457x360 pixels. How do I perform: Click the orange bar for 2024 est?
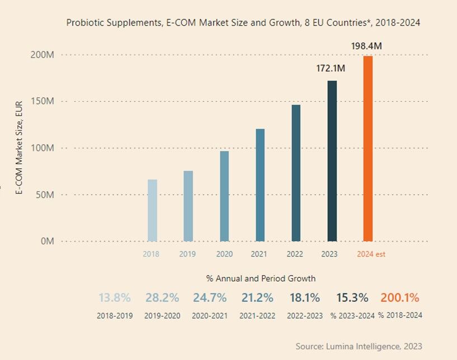tap(368, 149)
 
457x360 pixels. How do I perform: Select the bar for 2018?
tap(152, 210)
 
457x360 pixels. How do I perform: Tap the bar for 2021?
tap(260, 185)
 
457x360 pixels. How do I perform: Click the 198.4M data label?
tap(367, 46)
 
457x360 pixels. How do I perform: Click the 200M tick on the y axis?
tap(42, 55)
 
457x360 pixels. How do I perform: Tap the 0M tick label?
tap(46, 241)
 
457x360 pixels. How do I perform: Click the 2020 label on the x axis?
tap(224, 254)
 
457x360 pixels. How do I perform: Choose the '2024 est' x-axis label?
tap(371, 254)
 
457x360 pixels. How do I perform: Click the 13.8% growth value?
tap(115, 298)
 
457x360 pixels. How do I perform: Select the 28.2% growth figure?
tap(162, 298)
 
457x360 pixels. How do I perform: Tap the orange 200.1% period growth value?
tap(400, 298)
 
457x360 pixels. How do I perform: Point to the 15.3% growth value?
tap(352, 298)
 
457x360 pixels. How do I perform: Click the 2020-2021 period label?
tap(210, 316)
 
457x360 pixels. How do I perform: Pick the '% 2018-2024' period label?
tap(400, 316)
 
